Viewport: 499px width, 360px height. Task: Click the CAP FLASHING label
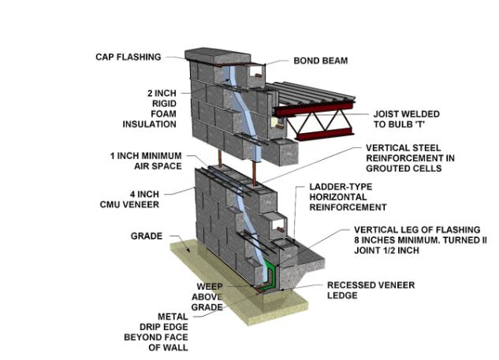pyautogui.click(x=128, y=57)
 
